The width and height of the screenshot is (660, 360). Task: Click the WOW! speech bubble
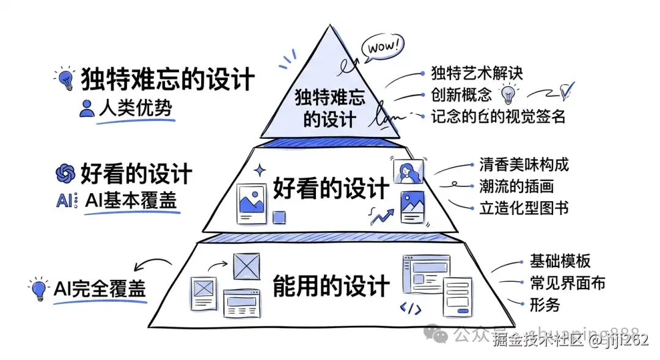383,46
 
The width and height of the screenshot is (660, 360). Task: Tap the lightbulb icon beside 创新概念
507,95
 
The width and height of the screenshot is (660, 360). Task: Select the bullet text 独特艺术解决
477,74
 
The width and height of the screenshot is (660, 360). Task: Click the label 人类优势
135,108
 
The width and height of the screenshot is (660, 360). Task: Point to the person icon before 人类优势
87,109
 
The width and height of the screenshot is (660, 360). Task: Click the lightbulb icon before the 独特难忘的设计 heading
65,78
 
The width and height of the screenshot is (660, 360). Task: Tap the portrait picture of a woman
408,172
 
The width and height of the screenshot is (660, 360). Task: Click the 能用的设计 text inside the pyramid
331,285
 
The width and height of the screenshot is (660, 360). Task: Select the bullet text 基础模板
560,262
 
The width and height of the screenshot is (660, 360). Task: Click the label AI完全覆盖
100,288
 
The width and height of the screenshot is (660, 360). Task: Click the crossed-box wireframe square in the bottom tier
247,266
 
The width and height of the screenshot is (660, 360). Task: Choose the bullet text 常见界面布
568,283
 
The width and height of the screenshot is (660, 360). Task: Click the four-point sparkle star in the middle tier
261,171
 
